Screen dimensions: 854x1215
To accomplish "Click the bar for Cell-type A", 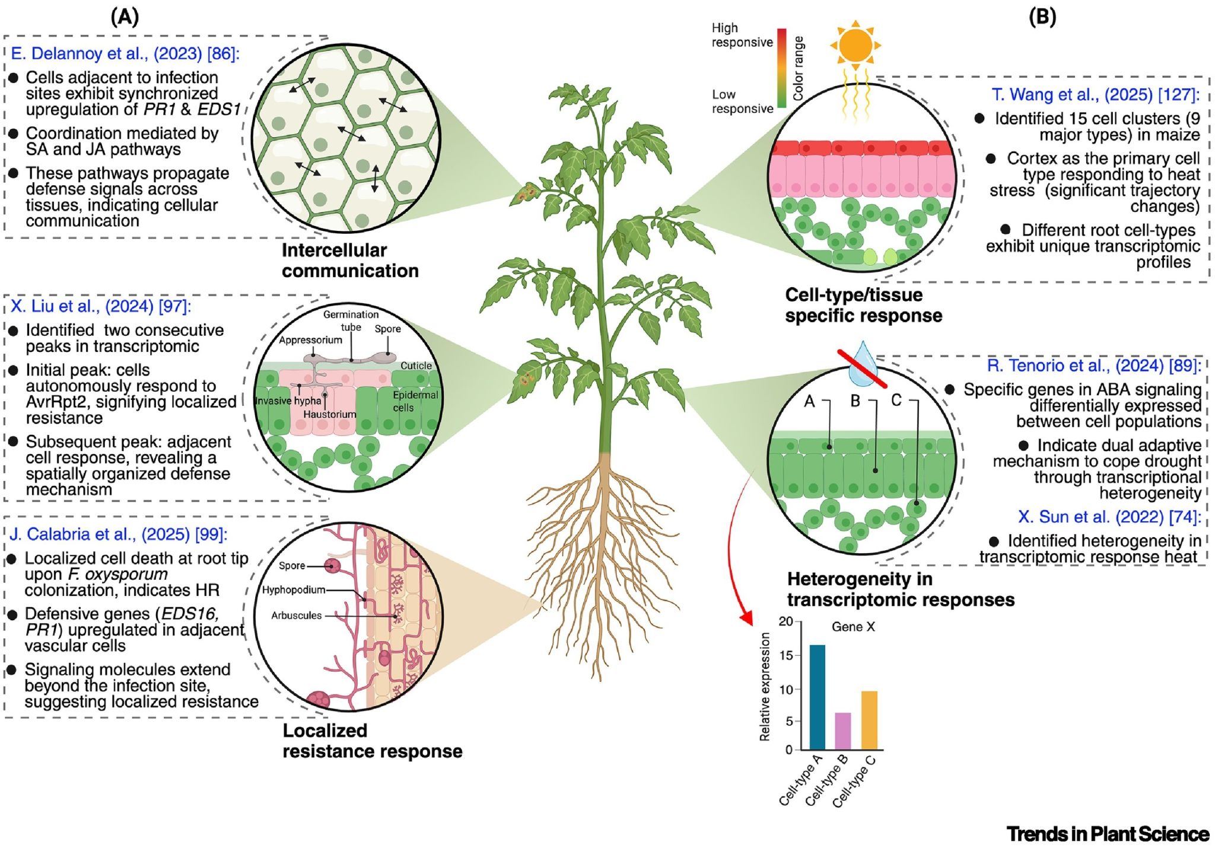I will tap(817, 697).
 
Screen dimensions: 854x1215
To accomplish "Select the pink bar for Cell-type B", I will tap(842, 731).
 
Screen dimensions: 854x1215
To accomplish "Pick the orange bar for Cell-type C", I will tap(869, 720).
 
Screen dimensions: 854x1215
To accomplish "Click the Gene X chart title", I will tap(853, 627).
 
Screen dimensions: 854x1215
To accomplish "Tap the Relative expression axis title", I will tap(765, 686).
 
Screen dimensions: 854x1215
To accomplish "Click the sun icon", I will tap(855, 45).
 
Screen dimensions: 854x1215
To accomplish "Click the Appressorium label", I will tap(310, 340).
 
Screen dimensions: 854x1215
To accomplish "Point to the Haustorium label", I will tap(329, 414).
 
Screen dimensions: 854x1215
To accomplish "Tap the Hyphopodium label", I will tap(294, 590).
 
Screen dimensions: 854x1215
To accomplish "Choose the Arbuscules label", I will tap(296, 615).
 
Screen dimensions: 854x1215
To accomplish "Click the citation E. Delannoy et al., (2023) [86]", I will tap(125, 53).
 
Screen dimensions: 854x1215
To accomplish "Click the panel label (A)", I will tap(125, 17).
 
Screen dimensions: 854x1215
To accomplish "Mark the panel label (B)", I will tap(1042, 17).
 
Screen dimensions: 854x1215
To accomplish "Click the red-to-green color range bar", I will tap(782, 68).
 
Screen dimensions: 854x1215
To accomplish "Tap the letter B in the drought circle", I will tap(855, 401).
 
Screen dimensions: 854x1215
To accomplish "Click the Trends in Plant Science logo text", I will tap(1107, 834).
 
